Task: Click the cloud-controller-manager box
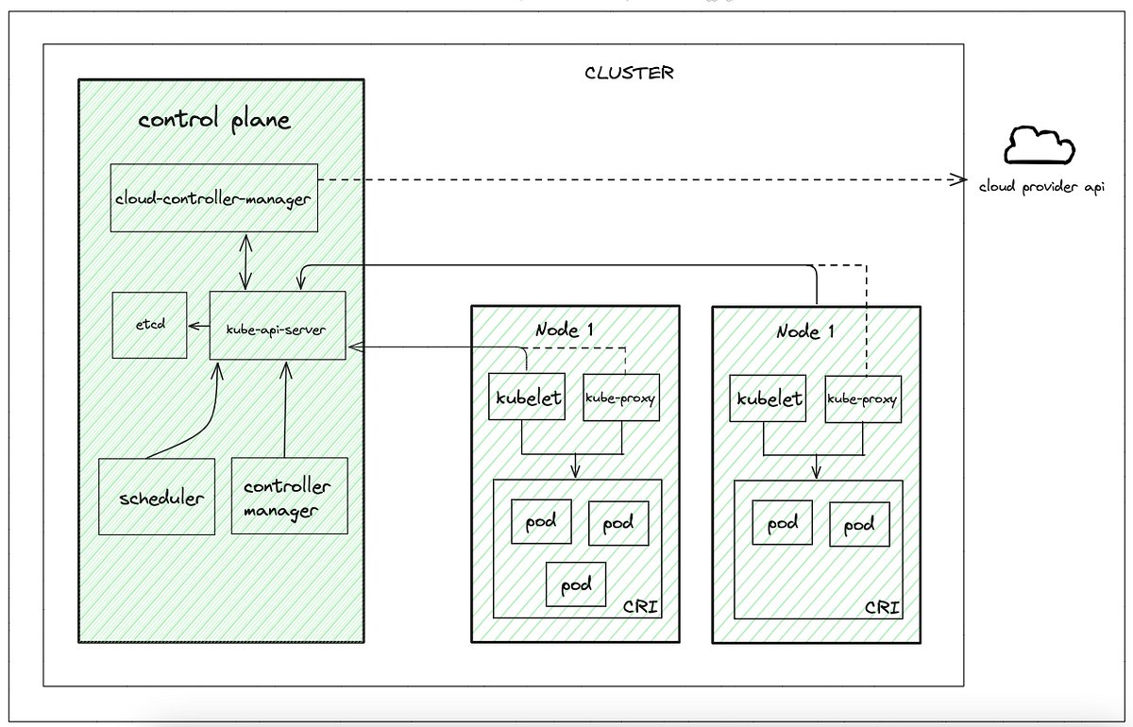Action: (213, 197)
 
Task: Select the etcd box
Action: (148, 325)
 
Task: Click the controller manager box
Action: (288, 497)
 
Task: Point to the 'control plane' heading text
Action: (214, 121)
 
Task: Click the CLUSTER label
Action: (629, 74)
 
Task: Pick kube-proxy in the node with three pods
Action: (620, 397)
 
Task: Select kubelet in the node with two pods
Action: (769, 398)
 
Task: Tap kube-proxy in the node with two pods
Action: (863, 398)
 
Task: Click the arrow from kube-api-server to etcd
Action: (198, 326)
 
